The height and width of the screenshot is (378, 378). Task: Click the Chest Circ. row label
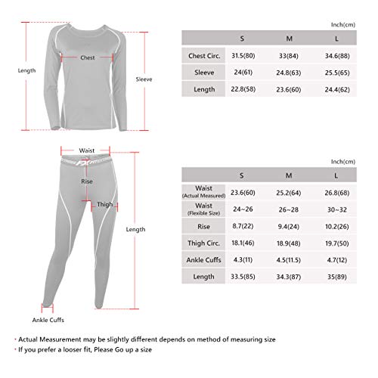point(200,55)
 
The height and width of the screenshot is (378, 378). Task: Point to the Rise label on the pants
point(88,181)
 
